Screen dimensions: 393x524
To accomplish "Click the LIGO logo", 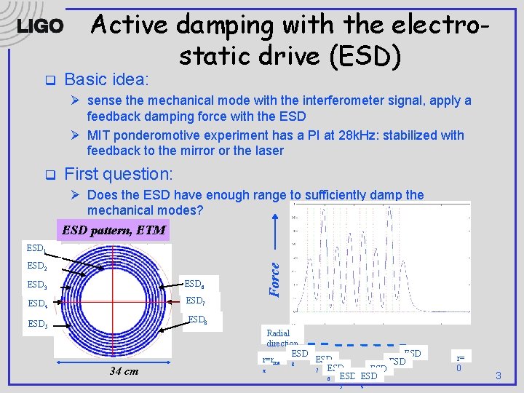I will click(40, 26).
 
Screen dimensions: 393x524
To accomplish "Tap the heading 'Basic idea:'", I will click(106, 79).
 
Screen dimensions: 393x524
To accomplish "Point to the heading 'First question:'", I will click(119, 173).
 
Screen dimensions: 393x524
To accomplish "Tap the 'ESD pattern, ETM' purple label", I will click(114, 231).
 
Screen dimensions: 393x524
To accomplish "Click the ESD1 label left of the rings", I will click(37, 250).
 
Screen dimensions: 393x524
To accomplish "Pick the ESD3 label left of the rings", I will click(37, 285).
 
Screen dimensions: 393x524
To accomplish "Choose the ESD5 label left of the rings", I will click(37, 323).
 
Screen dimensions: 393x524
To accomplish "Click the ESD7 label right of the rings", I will click(195, 301).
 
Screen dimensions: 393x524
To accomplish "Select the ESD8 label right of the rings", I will click(198, 319).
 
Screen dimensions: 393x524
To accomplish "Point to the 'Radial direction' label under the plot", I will click(282, 338).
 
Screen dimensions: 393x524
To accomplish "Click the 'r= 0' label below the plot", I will click(460, 362).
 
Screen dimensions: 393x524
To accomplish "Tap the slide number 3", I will click(498, 376).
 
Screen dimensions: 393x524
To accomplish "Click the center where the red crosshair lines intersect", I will click(113, 299).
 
